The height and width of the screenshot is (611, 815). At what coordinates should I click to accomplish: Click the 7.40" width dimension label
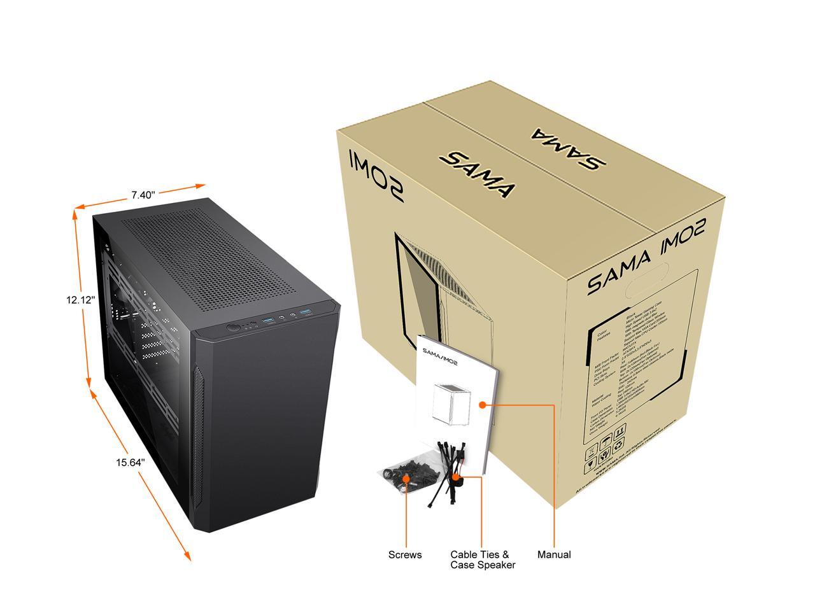[x=143, y=195]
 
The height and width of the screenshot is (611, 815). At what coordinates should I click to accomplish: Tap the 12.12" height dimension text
[x=80, y=299]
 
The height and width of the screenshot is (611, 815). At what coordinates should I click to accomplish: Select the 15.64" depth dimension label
[x=130, y=463]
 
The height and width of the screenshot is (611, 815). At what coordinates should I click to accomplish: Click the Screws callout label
[x=405, y=555]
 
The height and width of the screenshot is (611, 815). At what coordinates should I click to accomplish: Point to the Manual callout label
[x=554, y=555]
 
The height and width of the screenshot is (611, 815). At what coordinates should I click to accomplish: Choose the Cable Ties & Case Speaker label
[x=483, y=560]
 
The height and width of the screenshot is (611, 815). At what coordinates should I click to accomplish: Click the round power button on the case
[x=234, y=328]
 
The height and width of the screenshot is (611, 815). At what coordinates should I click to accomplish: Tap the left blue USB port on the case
[x=267, y=319]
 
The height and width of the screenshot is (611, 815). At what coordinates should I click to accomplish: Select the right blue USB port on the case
[x=306, y=311]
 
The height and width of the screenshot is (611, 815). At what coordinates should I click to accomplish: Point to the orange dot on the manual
[x=483, y=405]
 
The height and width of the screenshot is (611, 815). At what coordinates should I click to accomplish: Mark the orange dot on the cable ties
[x=457, y=475]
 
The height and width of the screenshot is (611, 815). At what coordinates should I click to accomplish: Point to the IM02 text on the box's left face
[x=376, y=174]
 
